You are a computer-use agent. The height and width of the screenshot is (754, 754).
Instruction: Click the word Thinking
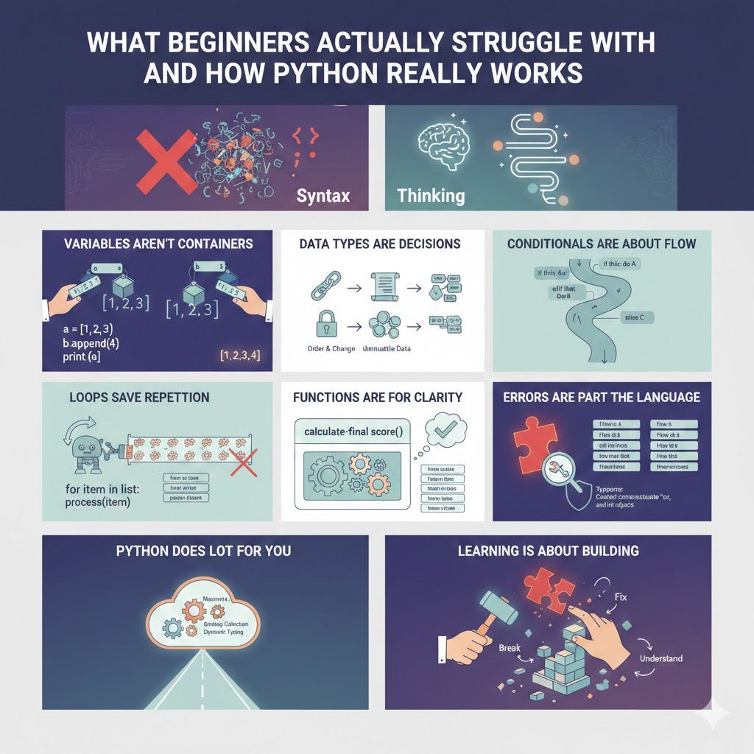pyautogui.click(x=431, y=196)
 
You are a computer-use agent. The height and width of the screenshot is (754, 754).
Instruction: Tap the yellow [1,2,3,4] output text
pyautogui.click(x=240, y=356)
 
